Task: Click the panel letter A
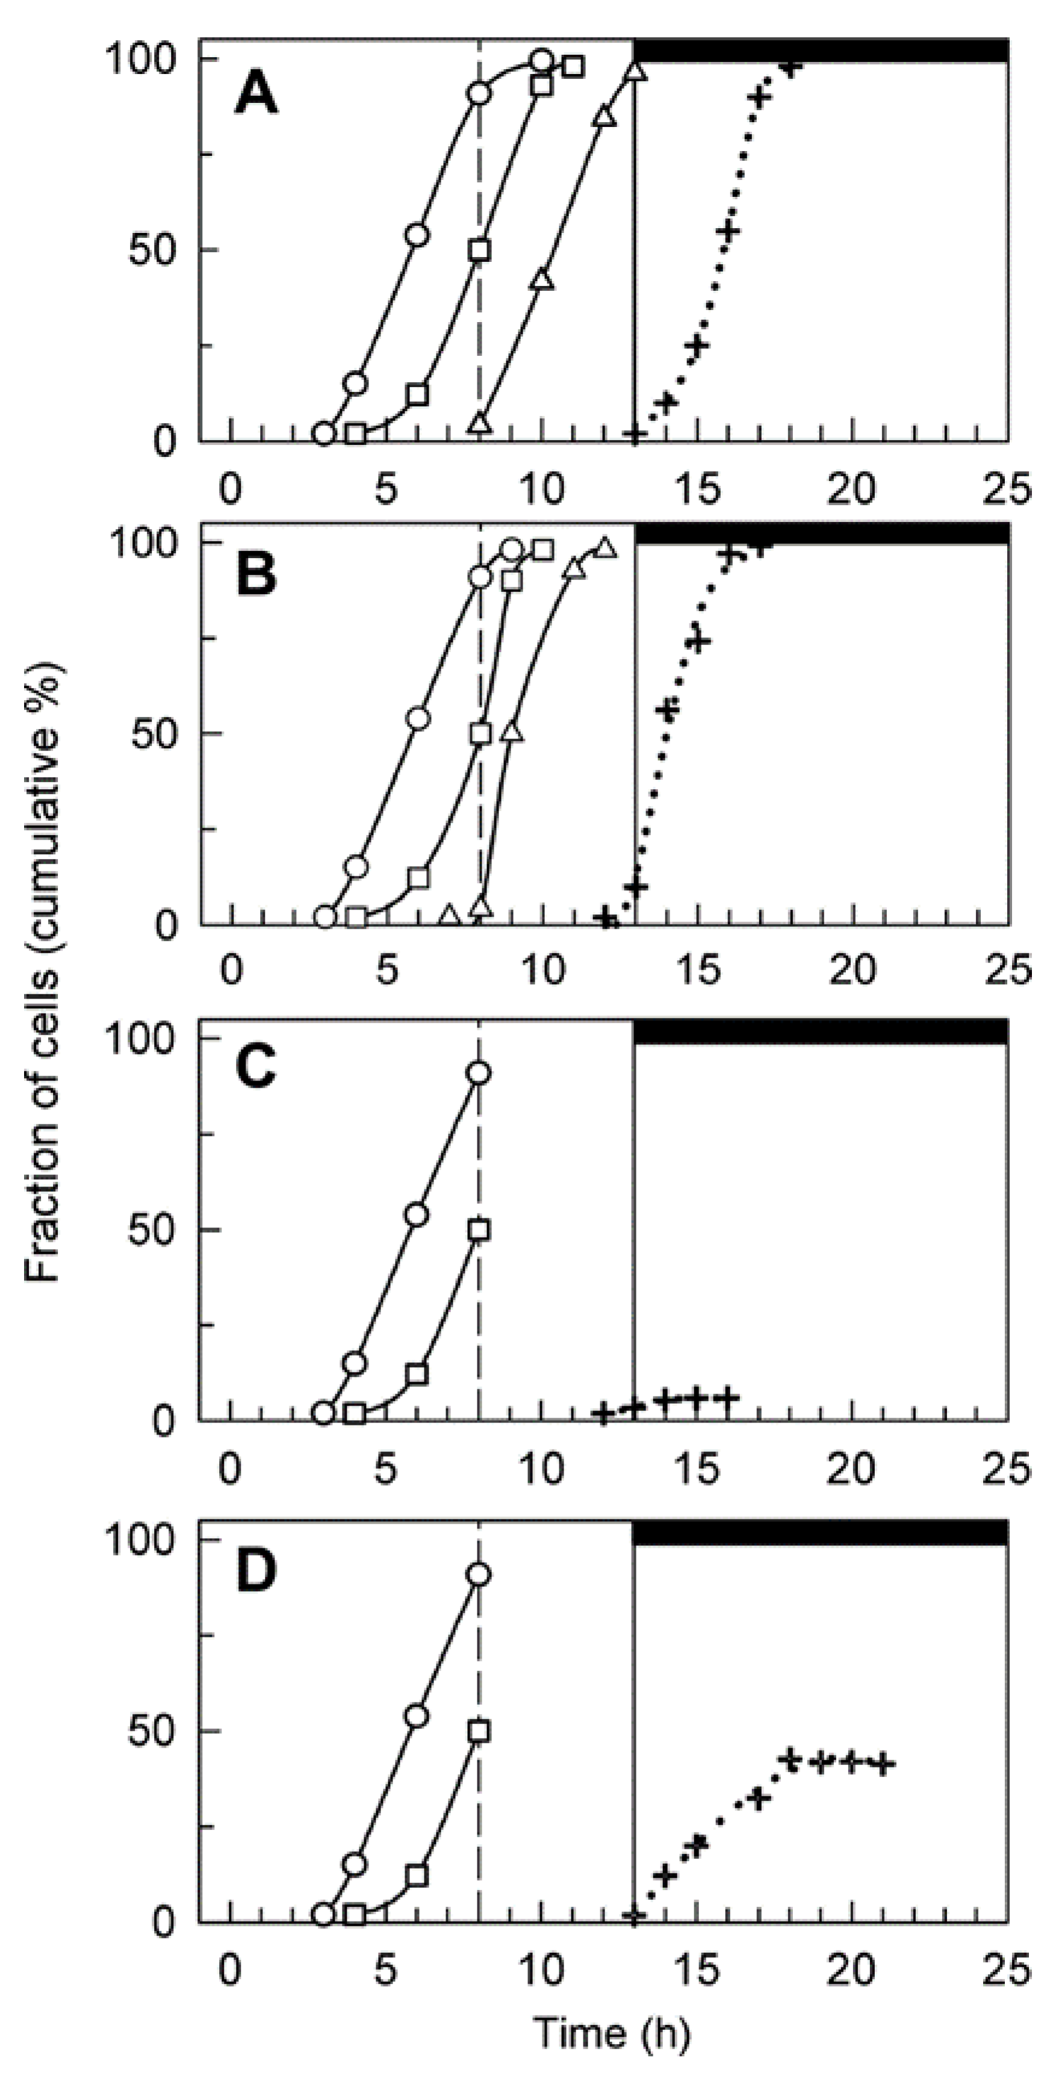256,98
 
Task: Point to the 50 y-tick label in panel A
154,250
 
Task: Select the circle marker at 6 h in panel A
417,235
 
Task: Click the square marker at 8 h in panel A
480,249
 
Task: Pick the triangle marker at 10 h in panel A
542,280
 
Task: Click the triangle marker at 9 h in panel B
512,731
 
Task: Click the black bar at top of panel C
819,1032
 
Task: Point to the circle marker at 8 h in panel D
479,1575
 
